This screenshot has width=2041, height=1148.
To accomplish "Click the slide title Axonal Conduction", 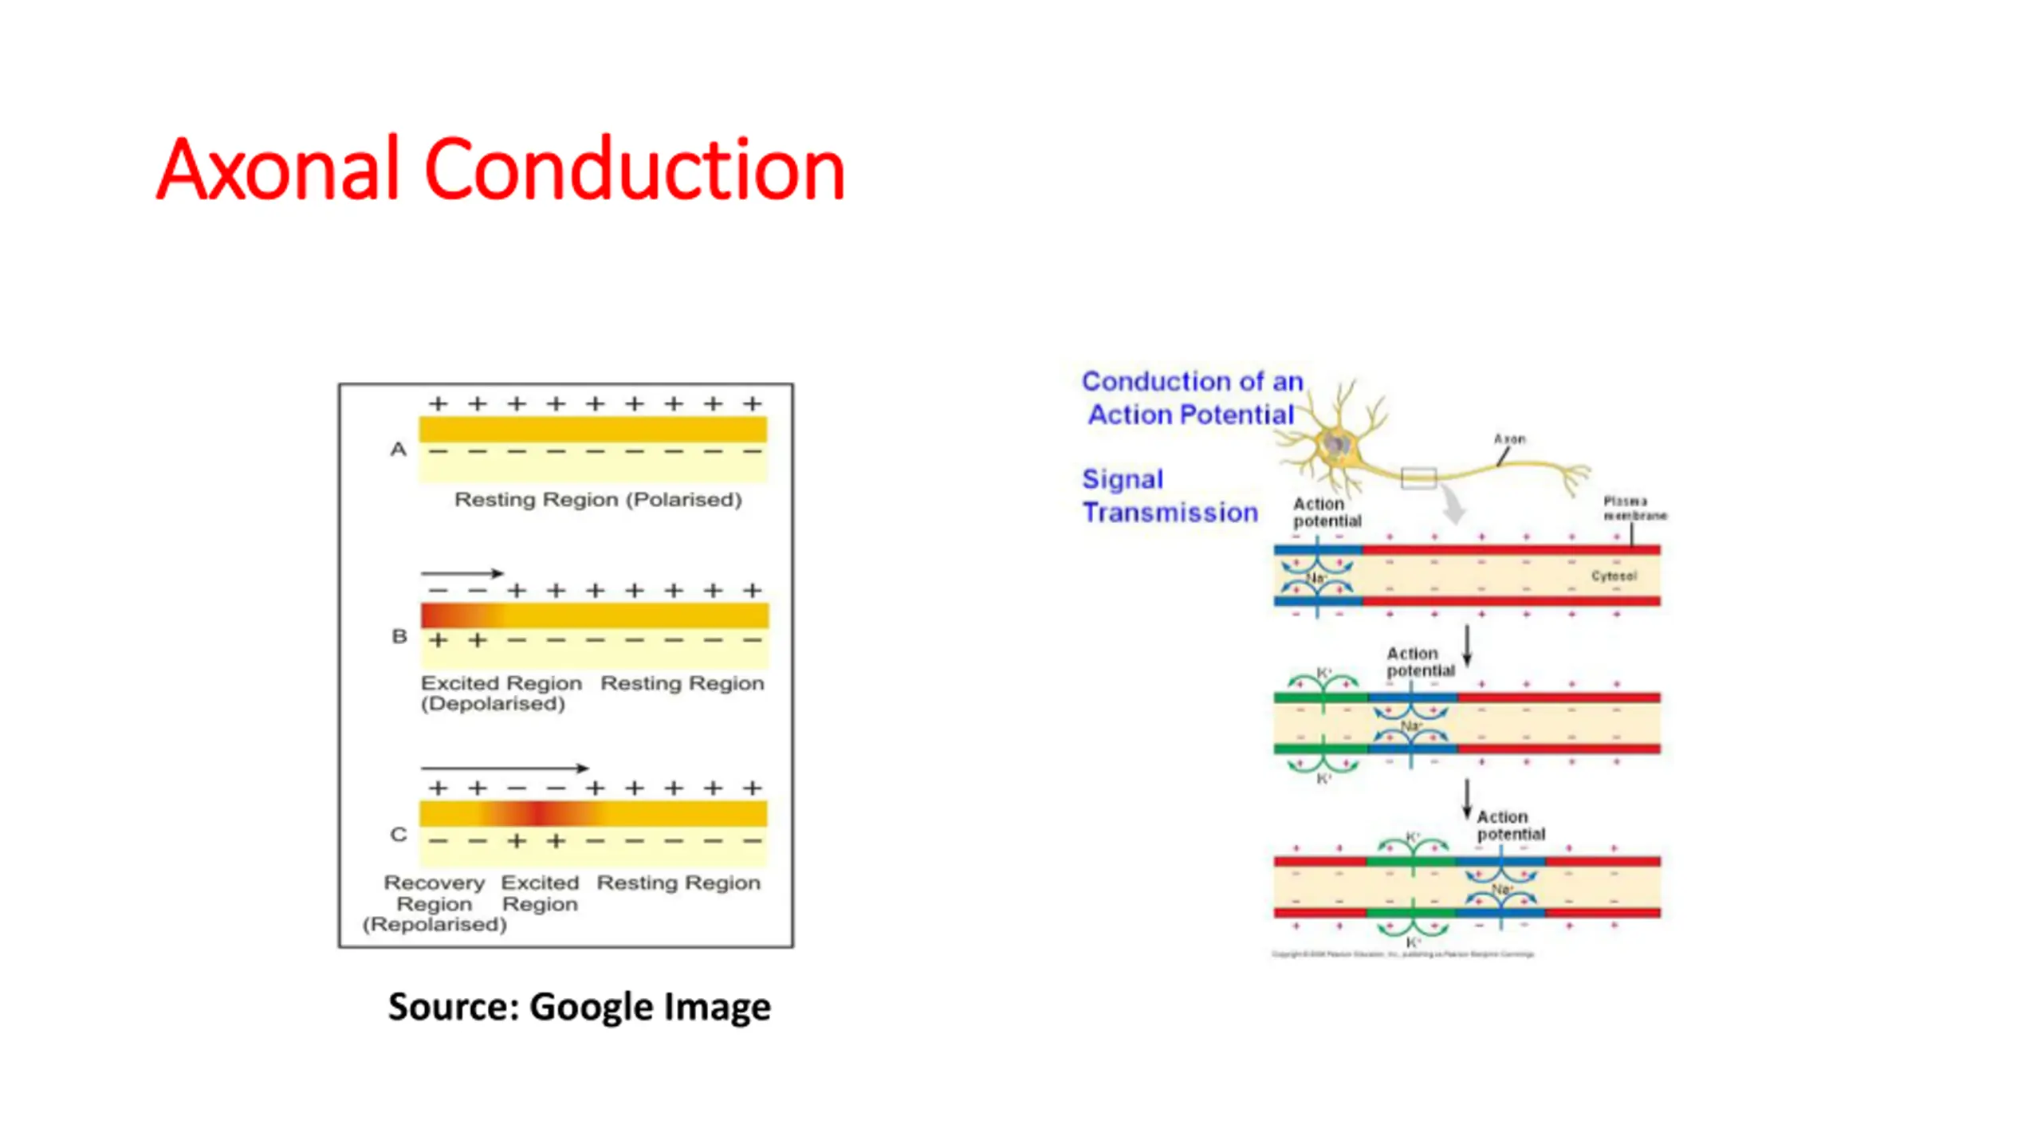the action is pyautogui.click(x=500, y=169).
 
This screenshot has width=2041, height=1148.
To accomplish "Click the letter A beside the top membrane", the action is pyautogui.click(x=398, y=450).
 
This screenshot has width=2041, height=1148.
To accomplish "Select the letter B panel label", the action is pyautogui.click(x=399, y=636).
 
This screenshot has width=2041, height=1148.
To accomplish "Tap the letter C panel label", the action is pyautogui.click(x=399, y=835).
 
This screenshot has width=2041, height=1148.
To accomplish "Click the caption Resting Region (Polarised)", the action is pyautogui.click(x=598, y=500).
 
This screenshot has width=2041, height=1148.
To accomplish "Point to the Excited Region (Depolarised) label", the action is pyautogui.click(x=500, y=693).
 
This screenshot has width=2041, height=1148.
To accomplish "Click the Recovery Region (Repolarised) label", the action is pyautogui.click(x=435, y=903).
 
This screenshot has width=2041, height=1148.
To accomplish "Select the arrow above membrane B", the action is pyautogui.click(x=462, y=573).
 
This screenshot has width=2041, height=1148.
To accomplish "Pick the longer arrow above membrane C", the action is pyautogui.click(x=505, y=769).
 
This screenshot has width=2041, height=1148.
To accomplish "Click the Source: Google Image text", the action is pyautogui.click(x=580, y=1006).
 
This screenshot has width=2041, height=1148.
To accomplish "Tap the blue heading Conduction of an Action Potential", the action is pyautogui.click(x=1192, y=398).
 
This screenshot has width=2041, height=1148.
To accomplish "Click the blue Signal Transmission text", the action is pyautogui.click(x=1170, y=496).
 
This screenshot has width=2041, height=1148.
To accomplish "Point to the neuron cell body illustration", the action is pyautogui.click(x=1337, y=445).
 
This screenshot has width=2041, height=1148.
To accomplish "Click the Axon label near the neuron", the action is pyautogui.click(x=1509, y=439).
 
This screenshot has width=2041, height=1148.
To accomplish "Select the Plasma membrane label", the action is pyautogui.click(x=1634, y=508).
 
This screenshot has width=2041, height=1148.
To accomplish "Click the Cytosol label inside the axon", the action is pyautogui.click(x=1614, y=576).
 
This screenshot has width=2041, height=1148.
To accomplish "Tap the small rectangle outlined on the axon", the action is pyautogui.click(x=1418, y=478).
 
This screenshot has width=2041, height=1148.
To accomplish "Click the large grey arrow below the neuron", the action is pyautogui.click(x=1453, y=504).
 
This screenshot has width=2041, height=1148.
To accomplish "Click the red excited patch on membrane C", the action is pyautogui.click(x=540, y=814).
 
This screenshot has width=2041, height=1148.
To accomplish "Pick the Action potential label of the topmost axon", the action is pyautogui.click(x=1327, y=513).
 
